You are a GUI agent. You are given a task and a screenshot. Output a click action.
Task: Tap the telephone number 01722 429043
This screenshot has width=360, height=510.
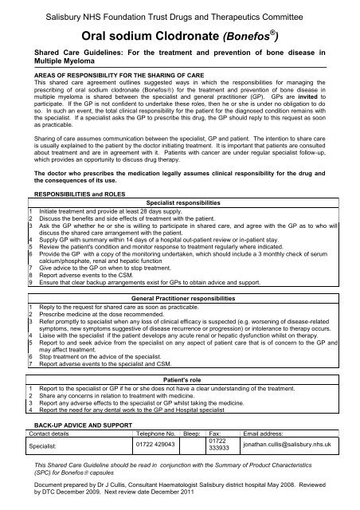156,444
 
